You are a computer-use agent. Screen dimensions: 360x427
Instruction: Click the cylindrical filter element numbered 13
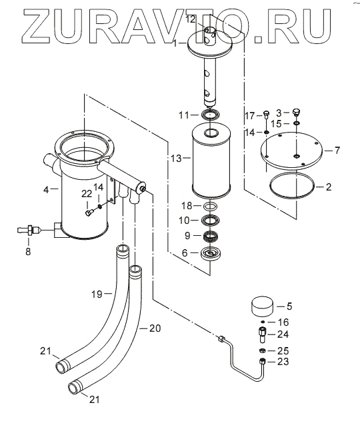pos(211,161)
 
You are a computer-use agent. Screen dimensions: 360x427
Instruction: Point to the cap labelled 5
pos(262,306)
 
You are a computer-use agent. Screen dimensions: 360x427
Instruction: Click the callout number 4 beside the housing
pos(46,189)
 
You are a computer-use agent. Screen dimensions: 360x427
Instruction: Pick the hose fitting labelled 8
pos(29,230)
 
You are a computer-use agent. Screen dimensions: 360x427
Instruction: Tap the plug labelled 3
pos(297,112)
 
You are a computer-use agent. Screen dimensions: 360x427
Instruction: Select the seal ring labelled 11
pos(211,115)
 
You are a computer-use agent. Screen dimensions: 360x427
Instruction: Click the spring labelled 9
pos(211,236)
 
